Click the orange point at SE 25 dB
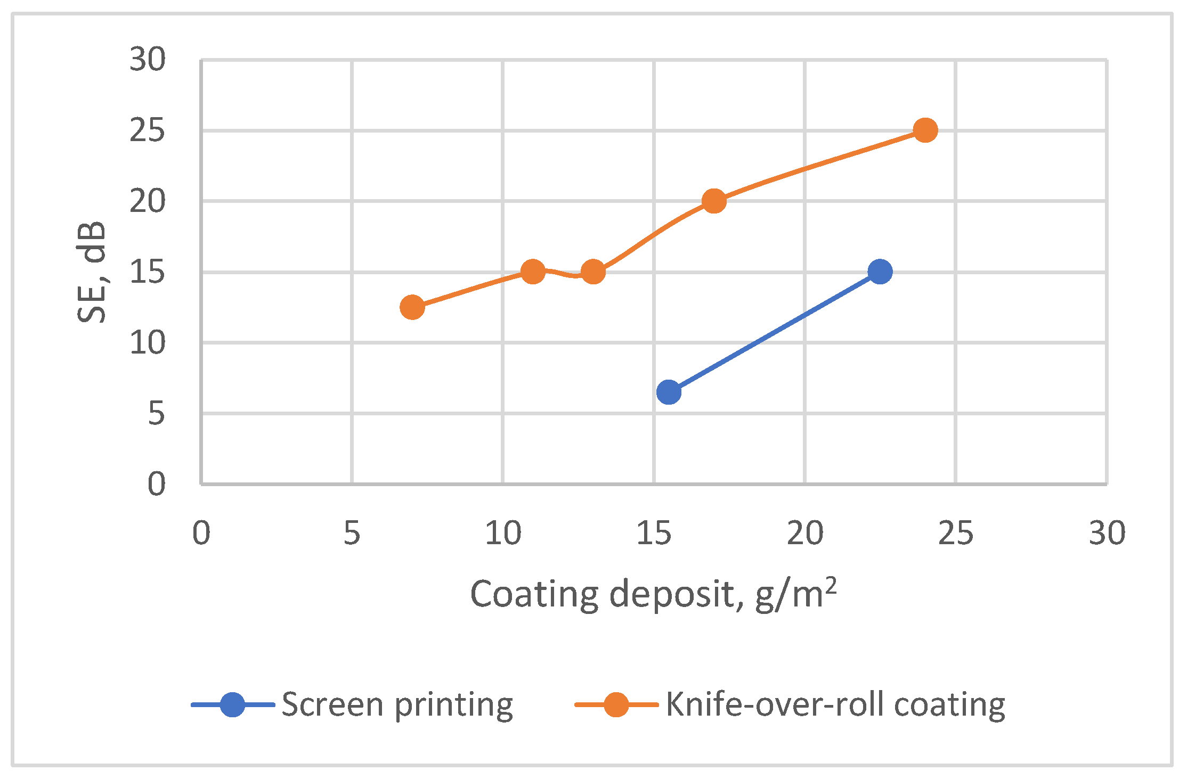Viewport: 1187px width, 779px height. (925, 130)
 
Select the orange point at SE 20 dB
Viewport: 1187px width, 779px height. (714, 201)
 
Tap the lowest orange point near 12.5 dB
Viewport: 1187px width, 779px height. (412, 307)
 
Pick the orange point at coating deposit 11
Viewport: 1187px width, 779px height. (533, 272)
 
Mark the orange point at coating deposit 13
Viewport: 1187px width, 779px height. (593, 272)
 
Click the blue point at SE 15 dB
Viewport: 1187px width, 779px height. (880, 272)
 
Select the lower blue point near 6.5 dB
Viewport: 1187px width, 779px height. (669, 392)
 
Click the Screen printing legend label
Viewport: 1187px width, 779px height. (397, 705)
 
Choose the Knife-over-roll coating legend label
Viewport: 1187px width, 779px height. (835, 705)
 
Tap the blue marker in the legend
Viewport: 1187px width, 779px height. (232, 705)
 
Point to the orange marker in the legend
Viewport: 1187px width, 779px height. (616, 705)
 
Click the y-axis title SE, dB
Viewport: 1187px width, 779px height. (92, 272)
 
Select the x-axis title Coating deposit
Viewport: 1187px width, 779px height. (653, 594)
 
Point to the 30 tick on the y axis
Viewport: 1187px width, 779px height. (148, 59)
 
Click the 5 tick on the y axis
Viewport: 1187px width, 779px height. (157, 413)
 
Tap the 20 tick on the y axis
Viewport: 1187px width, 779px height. (148, 201)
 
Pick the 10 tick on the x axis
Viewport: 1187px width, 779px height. (503, 533)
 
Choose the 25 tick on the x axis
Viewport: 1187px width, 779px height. (956, 533)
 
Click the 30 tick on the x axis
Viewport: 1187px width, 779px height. (1107, 533)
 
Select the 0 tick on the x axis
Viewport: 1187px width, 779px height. (201, 533)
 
